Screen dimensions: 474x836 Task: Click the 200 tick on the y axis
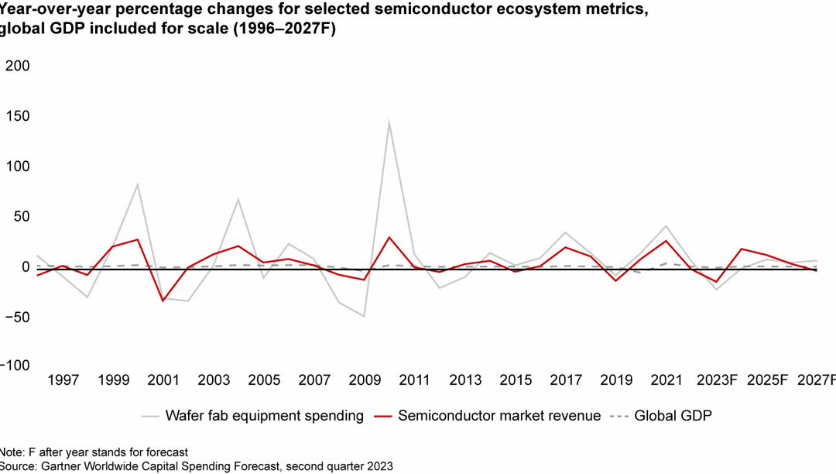point(17,67)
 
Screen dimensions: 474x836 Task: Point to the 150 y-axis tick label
point(17,116)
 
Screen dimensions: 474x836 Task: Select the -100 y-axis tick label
point(14,366)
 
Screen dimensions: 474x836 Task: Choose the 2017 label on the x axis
point(566,380)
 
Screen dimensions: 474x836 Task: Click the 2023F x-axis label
point(717,380)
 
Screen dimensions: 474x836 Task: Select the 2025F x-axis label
point(767,380)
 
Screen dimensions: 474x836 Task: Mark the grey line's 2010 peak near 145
point(389,122)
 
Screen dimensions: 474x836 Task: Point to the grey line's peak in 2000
point(138,184)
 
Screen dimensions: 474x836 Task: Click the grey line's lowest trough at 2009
point(364,316)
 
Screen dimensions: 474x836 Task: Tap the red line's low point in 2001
point(163,301)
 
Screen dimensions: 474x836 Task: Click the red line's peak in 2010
point(389,238)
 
